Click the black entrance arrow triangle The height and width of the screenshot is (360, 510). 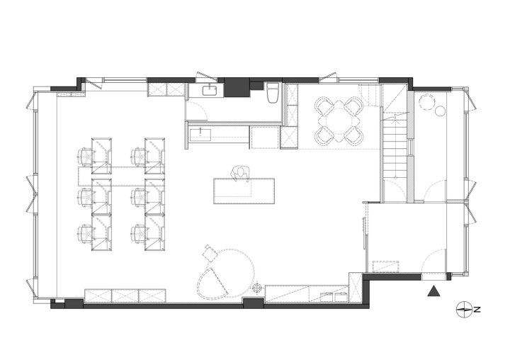433,292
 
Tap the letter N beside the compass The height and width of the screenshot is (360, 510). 477,310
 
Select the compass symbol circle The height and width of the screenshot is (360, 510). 464,310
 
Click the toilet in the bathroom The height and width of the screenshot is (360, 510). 273,93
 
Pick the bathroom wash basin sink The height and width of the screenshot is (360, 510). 210,90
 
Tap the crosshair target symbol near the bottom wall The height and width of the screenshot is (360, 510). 257,288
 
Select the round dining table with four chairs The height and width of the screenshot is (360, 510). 339,121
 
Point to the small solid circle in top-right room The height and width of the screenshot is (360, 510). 440,111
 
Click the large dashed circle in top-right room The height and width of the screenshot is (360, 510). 426,102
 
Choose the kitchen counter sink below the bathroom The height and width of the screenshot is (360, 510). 200,135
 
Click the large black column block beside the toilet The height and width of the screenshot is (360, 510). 237,87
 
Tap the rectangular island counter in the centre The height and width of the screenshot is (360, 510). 244,191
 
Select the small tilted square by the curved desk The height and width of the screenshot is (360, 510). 210,253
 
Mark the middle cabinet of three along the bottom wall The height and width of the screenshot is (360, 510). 125,296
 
